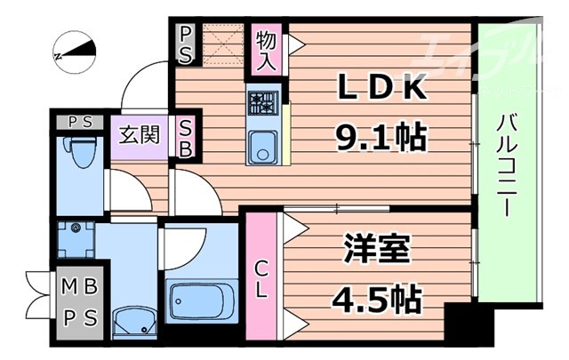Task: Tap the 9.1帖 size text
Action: (x=380, y=137)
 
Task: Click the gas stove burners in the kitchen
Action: (x=263, y=103)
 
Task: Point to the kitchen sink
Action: (x=262, y=148)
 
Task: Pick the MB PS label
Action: (x=79, y=302)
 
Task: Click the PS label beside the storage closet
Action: (x=186, y=45)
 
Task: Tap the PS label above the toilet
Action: (x=80, y=122)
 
